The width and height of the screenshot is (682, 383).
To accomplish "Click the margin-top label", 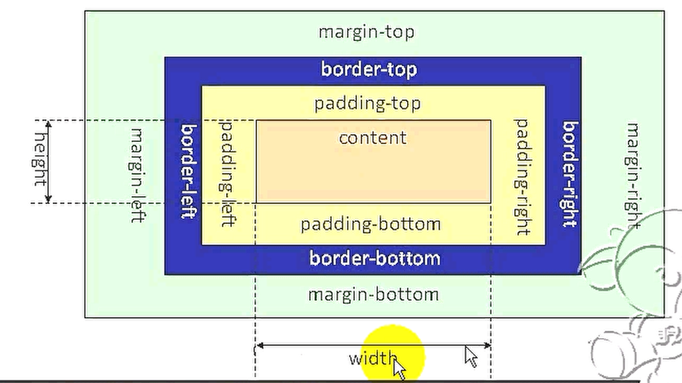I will coord(366,32).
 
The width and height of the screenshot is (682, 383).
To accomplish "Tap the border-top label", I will coord(369,69).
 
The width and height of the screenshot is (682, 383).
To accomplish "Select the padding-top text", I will coord(367,104).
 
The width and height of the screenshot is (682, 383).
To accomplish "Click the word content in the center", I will coord(372,137).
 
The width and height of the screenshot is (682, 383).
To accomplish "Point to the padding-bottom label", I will coord(370,224).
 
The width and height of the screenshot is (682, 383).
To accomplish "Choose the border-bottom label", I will coord(374,258).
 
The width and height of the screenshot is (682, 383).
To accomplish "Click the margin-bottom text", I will coord(373,294).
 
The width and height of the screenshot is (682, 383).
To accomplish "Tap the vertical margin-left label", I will coord(137,174).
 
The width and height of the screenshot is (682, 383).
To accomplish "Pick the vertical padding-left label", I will coord(227,173).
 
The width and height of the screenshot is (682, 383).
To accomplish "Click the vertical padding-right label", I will coord(522,176).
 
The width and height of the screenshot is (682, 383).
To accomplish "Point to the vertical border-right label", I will coord(570,173).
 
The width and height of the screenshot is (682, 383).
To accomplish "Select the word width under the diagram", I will coord(373,359).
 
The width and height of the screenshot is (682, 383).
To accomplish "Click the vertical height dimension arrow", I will coord(48,161).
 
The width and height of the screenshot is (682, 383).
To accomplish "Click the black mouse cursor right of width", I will coord(471,356).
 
